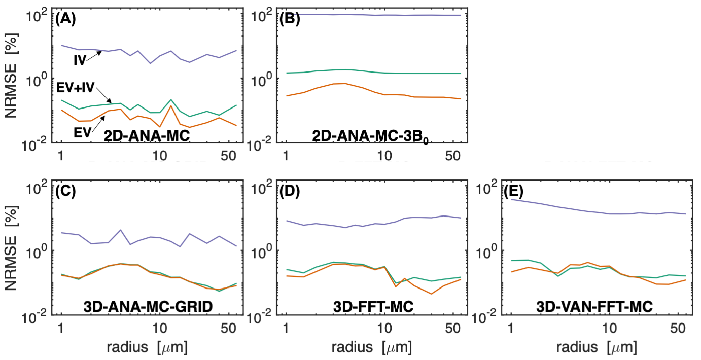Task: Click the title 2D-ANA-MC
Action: click(x=147, y=135)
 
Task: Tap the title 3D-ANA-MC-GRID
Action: click(x=147, y=307)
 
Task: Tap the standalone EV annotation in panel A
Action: click(x=81, y=132)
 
